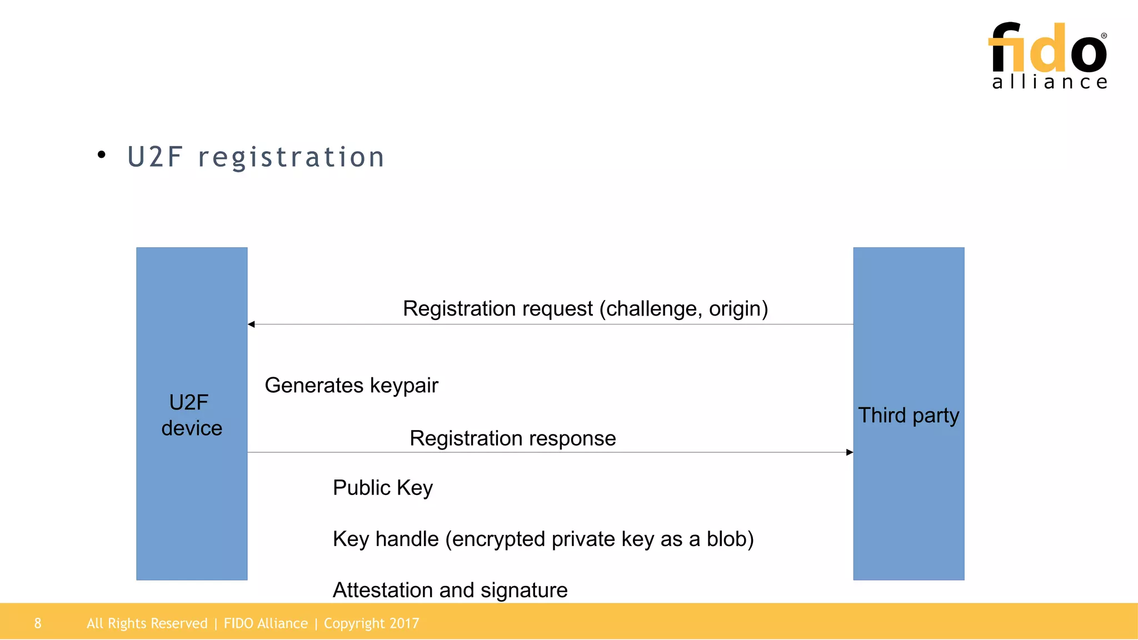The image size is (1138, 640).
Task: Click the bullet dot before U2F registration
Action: click(x=101, y=155)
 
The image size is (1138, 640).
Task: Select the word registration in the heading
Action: click(x=291, y=157)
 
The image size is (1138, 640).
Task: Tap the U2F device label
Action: click(x=191, y=415)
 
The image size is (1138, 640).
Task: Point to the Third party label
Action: click(x=909, y=416)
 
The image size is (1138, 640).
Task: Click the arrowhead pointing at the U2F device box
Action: click(x=252, y=324)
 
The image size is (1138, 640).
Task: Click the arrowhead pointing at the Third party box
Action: click(x=849, y=452)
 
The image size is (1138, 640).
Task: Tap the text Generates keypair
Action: click(x=351, y=386)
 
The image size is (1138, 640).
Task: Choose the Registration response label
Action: click(x=512, y=438)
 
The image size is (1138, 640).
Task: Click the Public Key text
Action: click(x=382, y=488)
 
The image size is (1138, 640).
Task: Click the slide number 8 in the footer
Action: click(x=38, y=623)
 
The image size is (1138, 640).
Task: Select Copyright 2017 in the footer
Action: click(x=371, y=623)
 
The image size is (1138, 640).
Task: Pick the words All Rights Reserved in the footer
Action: click(x=147, y=623)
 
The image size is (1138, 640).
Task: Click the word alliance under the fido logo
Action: click(x=1050, y=82)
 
